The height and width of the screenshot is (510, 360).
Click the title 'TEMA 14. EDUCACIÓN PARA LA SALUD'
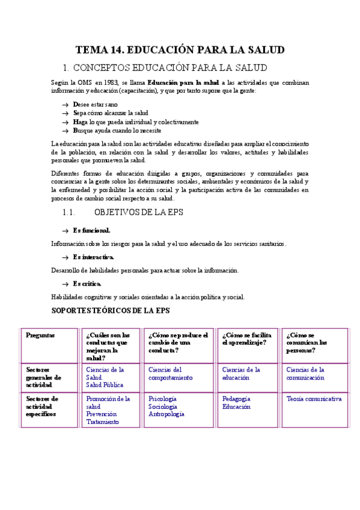[180, 50]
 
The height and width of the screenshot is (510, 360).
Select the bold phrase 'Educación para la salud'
[183, 82]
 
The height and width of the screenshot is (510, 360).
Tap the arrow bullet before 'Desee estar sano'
[65, 105]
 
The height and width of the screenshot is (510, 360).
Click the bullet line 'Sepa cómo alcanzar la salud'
[110, 113]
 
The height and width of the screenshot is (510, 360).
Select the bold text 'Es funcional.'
[91, 230]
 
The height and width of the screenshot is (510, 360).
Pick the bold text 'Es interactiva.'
[93, 257]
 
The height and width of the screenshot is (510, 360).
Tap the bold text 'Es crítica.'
[87, 283]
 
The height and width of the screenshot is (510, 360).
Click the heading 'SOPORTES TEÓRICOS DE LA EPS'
[111, 310]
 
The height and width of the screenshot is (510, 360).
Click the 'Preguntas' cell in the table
[40, 336]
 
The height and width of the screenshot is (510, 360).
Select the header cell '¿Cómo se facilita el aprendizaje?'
[246, 339]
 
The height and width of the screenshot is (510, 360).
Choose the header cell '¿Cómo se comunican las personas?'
[307, 343]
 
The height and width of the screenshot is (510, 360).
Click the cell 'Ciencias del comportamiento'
[171, 373]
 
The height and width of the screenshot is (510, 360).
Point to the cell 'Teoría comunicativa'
[314, 399]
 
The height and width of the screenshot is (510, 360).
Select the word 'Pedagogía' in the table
[236, 399]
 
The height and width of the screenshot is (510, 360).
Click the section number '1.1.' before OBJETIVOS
[68, 212]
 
